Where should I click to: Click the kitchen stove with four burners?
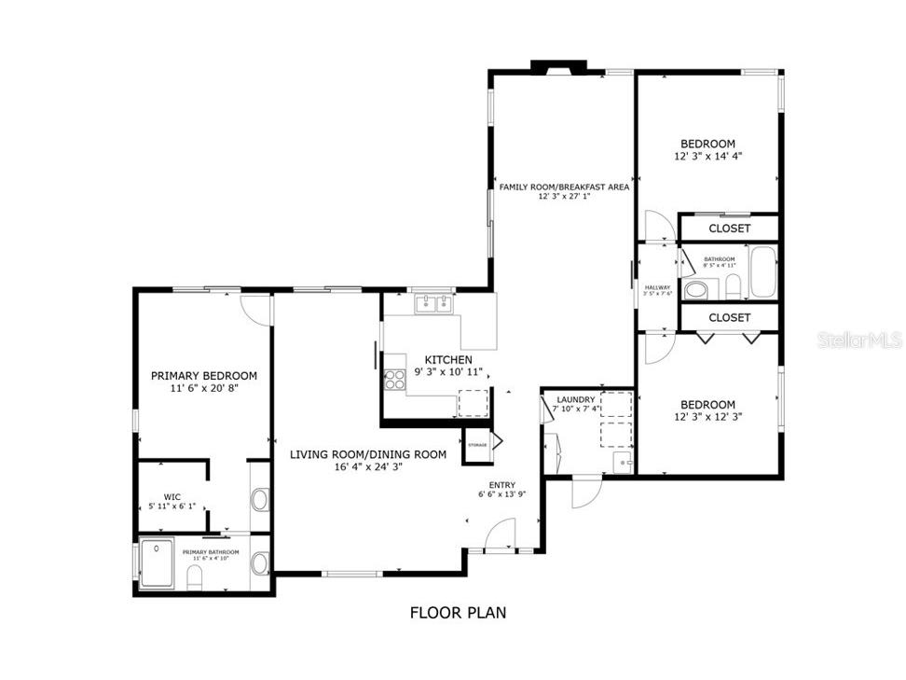[393, 379]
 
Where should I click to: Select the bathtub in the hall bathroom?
[762, 271]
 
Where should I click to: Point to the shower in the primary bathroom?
[157, 563]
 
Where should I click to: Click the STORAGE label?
[477, 445]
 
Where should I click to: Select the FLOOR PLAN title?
[458, 613]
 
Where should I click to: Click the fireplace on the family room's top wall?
[558, 66]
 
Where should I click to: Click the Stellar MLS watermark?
[859, 340]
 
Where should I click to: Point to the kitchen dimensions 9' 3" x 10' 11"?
[448, 372]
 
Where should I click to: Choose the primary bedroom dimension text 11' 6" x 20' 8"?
[203, 388]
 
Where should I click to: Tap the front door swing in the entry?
[501, 534]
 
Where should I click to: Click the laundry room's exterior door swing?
[585, 491]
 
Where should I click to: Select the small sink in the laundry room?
[621, 460]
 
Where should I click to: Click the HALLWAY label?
[657, 287]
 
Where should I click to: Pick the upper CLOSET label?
[729, 229]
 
